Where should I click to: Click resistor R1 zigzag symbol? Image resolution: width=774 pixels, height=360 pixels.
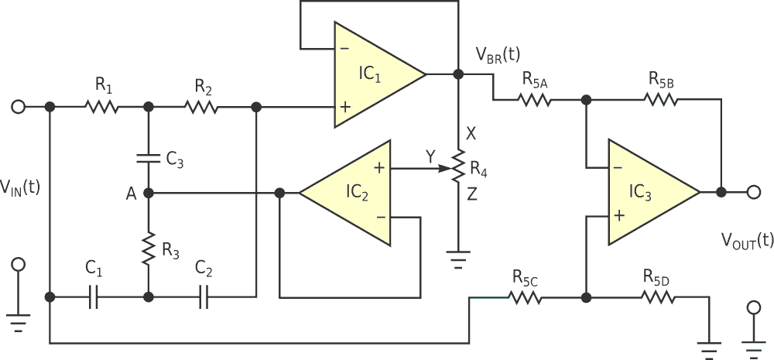102,106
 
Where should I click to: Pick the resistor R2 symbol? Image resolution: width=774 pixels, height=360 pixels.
202,106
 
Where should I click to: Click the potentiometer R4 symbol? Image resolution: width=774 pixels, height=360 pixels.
458,166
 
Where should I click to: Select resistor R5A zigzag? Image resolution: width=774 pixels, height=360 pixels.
534,99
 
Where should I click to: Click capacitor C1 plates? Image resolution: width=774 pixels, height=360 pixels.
93,297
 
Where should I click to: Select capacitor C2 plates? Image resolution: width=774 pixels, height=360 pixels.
203,297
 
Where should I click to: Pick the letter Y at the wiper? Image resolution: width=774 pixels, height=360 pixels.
430,157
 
